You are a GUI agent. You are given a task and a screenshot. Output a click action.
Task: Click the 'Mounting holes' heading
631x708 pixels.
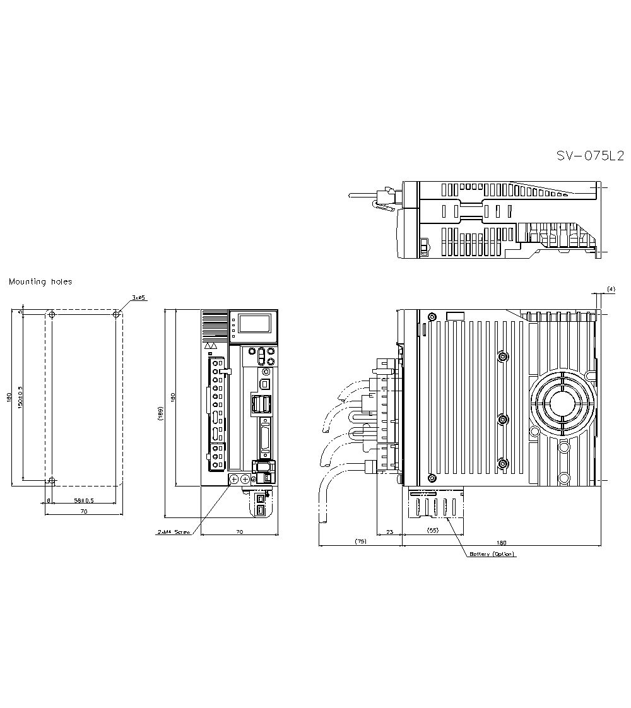pyautogui.click(x=40, y=282)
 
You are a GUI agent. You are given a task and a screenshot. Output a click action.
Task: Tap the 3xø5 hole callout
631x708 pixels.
pyautogui.click(x=138, y=297)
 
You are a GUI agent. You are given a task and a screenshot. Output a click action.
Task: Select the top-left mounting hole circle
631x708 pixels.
pyautogui.click(x=52, y=314)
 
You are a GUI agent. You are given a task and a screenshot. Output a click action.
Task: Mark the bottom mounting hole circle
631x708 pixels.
pyautogui.click(x=52, y=481)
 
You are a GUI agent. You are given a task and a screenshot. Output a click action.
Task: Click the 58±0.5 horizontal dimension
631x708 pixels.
pyautogui.click(x=83, y=500)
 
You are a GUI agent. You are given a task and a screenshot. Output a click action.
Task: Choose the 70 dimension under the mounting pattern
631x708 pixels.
pyautogui.click(x=83, y=512)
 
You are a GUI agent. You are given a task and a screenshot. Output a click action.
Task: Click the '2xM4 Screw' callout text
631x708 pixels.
pyautogui.click(x=173, y=532)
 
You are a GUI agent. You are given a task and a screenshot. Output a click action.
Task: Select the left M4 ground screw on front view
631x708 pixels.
pyautogui.click(x=233, y=480)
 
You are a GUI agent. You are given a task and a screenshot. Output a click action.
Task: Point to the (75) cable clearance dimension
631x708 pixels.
pyautogui.click(x=360, y=541)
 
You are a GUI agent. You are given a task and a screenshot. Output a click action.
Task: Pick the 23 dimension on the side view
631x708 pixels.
pyautogui.click(x=389, y=532)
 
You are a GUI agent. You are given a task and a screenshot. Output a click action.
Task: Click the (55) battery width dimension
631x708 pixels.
pyautogui.click(x=433, y=530)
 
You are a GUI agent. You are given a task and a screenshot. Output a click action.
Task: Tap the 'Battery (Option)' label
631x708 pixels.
pyautogui.click(x=492, y=554)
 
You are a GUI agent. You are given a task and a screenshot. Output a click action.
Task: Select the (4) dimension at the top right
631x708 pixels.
pyautogui.click(x=610, y=289)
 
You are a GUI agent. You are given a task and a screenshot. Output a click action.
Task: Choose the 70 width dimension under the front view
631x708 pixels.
pyautogui.click(x=239, y=532)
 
